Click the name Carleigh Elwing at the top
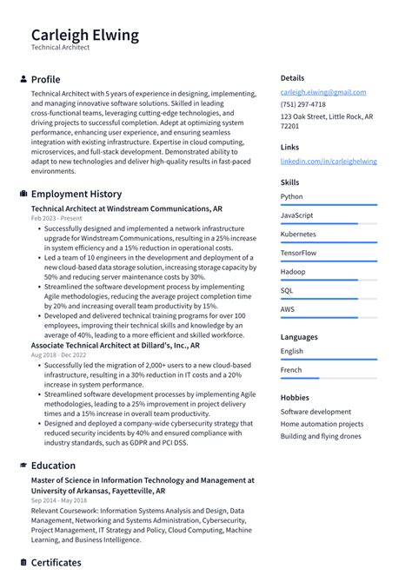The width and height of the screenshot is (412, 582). tap(84, 35)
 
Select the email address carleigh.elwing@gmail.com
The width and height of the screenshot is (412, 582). tap(322, 92)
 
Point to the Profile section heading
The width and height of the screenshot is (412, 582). tap(45, 79)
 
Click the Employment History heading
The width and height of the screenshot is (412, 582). tap(76, 194)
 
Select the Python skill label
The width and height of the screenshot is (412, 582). tap(292, 197)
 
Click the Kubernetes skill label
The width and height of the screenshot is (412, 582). tap(298, 235)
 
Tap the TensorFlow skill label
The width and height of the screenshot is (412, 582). tap(298, 254)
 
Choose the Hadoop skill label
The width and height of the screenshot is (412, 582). tap(293, 272)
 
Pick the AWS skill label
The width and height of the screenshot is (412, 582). tap(288, 309)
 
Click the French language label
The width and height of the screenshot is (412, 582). tap(291, 370)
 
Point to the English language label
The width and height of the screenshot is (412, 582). tap(292, 351)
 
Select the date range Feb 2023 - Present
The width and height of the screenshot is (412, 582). tap(56, 219)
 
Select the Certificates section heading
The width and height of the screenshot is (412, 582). tap(56, 563)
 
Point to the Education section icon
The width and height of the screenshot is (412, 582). tap(23, 466)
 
